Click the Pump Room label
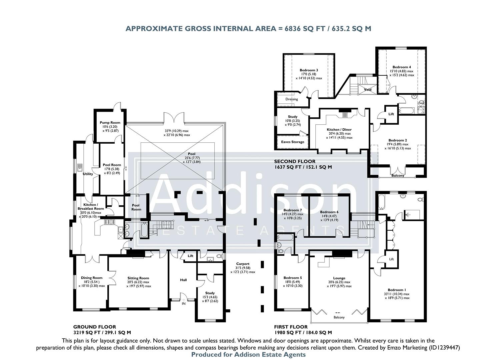(110, 123)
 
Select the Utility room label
(88, 174)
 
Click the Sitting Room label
(138, 278)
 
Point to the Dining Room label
(92, 278)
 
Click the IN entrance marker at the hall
(183, 304)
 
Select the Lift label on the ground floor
(190, 256)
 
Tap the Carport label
(243, 264)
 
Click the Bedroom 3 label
(309, 70)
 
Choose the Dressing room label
(292, 99)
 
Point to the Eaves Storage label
(293, 142)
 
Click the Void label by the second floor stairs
(367, 90)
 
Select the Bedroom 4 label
(401, 67)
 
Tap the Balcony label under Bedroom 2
(398, 176)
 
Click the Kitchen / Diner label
(339, 130)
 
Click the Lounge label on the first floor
(339, 278)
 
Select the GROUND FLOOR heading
(95, 327)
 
